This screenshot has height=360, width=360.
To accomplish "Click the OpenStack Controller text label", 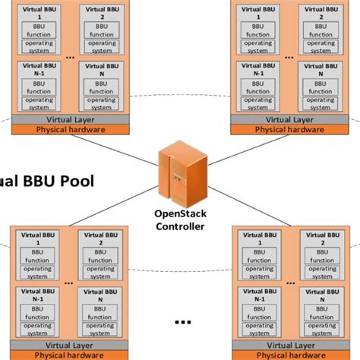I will [180, 219].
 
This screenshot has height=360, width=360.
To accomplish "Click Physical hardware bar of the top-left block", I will [68, 129].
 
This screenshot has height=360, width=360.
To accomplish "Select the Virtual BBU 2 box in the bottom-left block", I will [98, 254].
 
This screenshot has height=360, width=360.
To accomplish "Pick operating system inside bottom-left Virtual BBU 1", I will [36, 272].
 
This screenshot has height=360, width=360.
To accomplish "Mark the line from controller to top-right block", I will [220, 148].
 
